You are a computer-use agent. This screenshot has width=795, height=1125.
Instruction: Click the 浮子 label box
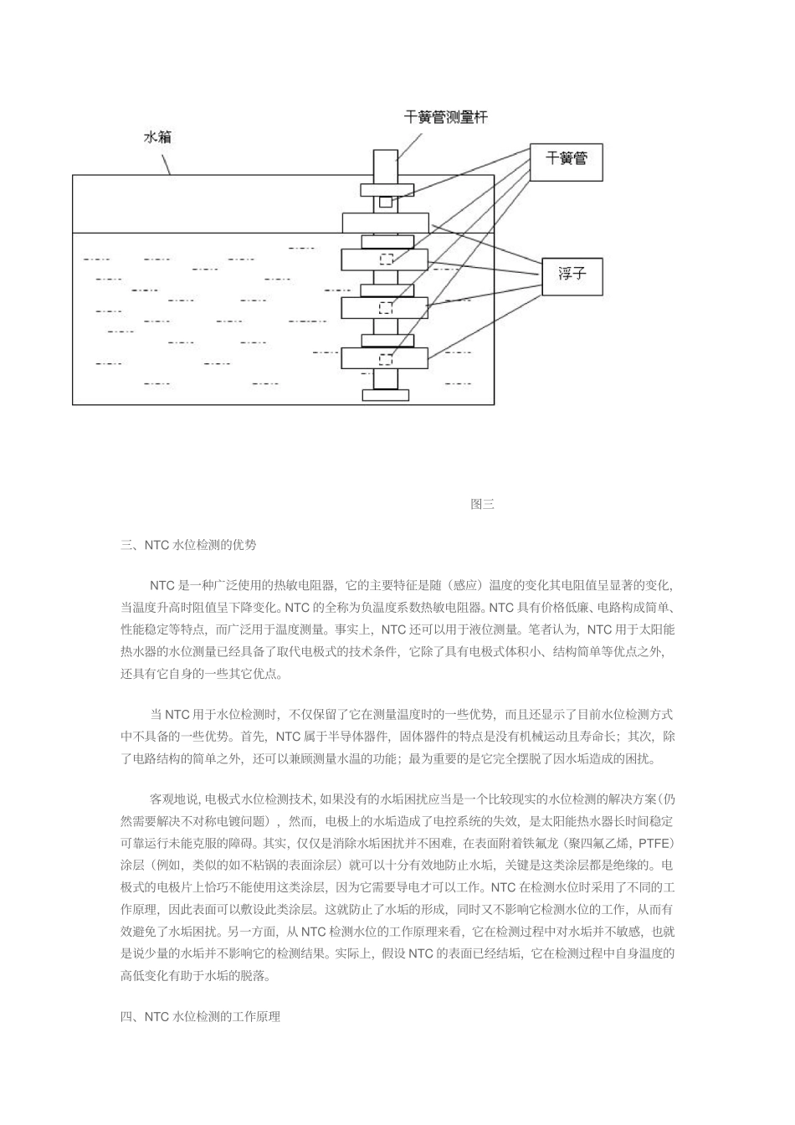click(x=572, y=274)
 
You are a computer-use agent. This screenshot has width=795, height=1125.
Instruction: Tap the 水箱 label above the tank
click(x=157, y=138)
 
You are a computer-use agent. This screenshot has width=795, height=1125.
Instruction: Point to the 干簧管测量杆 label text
click(x=446, y=118)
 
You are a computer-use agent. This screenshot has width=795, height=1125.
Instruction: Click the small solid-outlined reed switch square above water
click(x=385, y=202)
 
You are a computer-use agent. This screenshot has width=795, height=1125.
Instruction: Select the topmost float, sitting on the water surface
click(x=385, y=223)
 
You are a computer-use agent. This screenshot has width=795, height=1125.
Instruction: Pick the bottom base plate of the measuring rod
click(x=385, y=394)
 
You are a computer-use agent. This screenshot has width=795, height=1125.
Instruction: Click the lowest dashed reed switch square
click(x=385, y=359)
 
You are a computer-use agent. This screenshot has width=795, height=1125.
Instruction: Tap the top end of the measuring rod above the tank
click(x=385, y=162)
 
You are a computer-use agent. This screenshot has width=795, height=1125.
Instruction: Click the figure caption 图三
click(x=482, y=504)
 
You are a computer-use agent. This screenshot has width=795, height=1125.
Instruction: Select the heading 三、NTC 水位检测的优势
click(x=188, y=545)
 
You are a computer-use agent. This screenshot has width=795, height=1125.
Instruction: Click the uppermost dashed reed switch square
click(x=385, y=259)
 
